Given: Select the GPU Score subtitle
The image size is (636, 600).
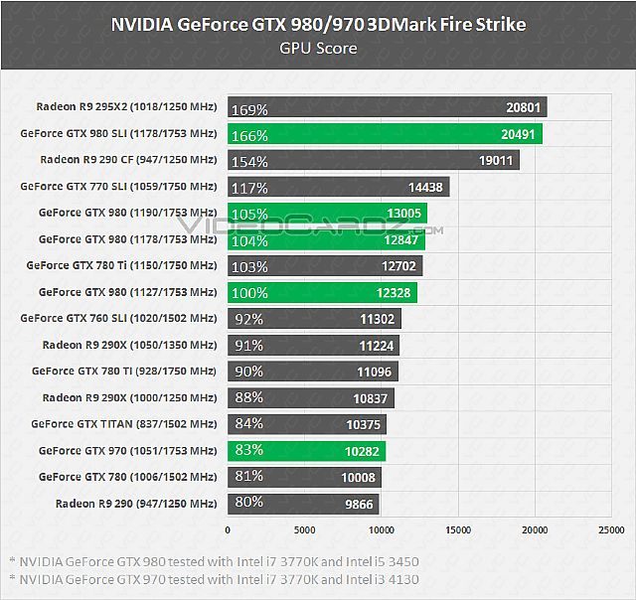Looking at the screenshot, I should click(318, 47).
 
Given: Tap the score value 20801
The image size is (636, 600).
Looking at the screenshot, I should click(523, 107).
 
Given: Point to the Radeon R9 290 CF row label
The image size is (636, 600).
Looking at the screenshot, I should click(128, 160).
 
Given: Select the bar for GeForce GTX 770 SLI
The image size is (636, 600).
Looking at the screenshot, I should click(338, 187).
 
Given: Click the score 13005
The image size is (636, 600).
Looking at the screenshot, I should click(399, 213).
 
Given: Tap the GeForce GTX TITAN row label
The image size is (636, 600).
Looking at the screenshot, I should click(123, 424).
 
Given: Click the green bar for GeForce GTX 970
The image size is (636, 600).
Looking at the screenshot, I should click(306, 451).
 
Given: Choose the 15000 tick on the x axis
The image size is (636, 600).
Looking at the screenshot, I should click(457, 530).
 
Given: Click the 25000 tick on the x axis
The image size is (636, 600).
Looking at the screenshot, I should click(610, 530).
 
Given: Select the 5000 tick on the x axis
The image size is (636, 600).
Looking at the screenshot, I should click(305, 530).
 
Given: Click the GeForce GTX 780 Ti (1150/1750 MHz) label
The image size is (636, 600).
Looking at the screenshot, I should click(121, 266).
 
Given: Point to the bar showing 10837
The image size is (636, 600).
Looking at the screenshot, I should click(310, 398).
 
